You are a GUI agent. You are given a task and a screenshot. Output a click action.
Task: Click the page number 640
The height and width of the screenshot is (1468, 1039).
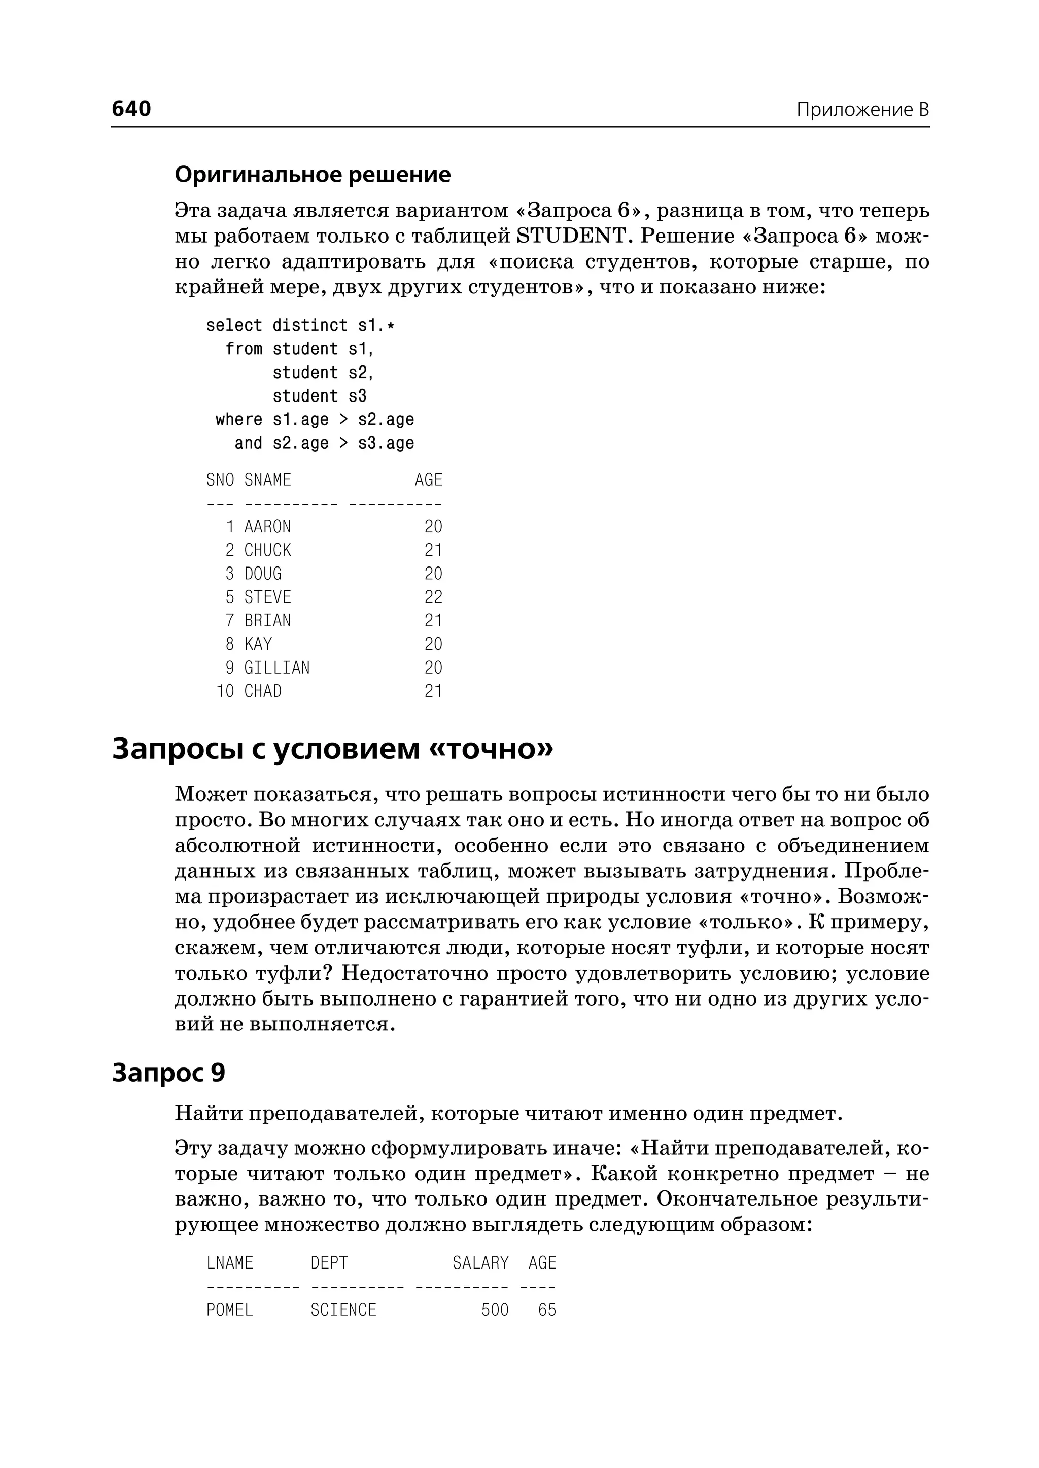click(131, 108)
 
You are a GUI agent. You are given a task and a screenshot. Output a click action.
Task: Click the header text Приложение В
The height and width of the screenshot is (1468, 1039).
click(862, 110)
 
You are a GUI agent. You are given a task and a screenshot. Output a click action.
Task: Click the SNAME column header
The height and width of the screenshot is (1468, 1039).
click(267, 480)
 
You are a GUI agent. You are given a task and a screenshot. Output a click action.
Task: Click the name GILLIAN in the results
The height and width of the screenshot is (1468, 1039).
click(276, 667)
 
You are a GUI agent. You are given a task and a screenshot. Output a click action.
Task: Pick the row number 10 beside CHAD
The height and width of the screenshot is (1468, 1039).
click(225, 691)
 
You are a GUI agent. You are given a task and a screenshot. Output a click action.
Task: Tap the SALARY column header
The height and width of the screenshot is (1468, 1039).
click(480, 1262)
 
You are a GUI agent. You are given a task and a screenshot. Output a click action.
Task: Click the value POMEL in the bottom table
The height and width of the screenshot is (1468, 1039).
click(230, 1309)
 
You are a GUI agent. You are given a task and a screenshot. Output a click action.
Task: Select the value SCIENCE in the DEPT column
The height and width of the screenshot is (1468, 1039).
click(343, 1309)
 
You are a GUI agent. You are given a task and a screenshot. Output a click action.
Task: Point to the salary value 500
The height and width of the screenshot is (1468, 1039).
click(495, 1309)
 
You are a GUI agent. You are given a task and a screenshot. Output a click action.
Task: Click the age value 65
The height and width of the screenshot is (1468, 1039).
click(547, 1309)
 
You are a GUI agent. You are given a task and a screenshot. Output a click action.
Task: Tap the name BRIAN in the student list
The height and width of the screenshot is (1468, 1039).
click(267, 620)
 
